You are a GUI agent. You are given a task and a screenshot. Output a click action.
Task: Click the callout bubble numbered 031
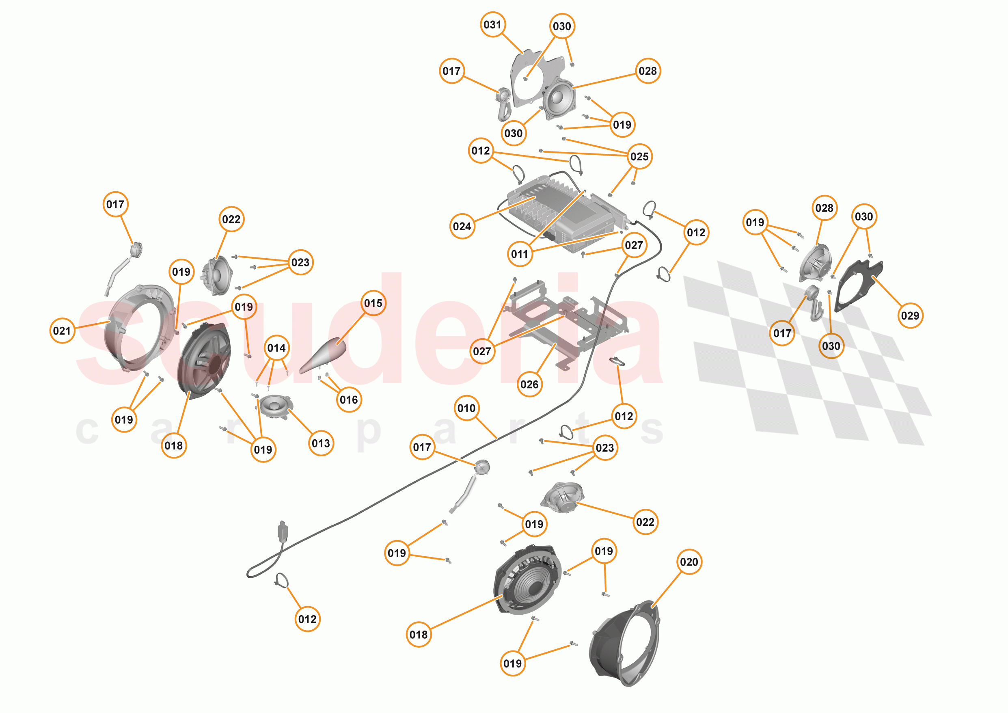tap(492, 25)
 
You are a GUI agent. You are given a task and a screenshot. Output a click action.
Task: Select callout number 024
tap(462, 227)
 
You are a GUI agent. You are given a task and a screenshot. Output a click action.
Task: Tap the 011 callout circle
tap(520, 254)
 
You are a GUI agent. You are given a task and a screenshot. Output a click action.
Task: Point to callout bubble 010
tap(466, 408)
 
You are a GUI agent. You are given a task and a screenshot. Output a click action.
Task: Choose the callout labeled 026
tap(529, 385)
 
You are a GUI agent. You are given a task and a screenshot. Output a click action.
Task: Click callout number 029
tap(910, 315)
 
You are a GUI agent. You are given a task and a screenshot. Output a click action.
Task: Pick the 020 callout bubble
tap(689, 562)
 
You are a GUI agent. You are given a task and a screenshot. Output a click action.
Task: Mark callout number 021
tap(62, 331)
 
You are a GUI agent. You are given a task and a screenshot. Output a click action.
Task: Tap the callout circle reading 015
tap(373, 303)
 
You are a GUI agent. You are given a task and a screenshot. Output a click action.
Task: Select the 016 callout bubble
tap(349, 400)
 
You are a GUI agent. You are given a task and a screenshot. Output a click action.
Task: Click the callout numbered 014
tap(276, 348)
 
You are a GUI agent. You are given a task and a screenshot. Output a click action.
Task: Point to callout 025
tap(639, 156)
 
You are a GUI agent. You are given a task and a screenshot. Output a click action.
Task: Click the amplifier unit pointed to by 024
tap(566, 215)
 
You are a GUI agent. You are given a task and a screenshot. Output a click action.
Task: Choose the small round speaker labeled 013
tap(275, 406)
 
